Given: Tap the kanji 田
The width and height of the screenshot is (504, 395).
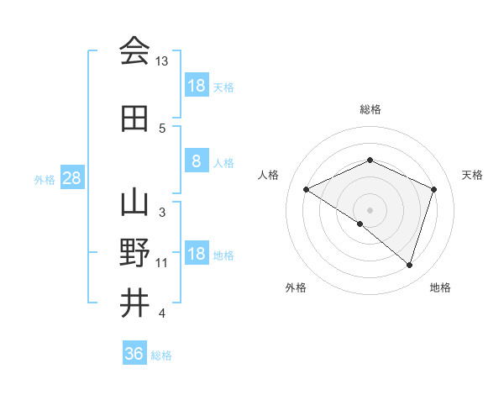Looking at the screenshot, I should (134, 119).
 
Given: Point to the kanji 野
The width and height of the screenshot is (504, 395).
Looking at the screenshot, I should (134, 254).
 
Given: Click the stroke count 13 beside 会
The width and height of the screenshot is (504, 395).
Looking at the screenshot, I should (162, 61).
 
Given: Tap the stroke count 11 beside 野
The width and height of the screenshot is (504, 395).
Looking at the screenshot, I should (162, 263).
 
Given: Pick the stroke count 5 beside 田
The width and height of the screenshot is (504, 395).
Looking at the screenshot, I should (162, 128).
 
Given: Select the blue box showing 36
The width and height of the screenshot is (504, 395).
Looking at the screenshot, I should (134, 354).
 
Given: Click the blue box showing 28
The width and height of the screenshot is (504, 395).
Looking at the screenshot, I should (71, 177).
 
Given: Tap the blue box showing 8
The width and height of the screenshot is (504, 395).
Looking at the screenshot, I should (196, 161).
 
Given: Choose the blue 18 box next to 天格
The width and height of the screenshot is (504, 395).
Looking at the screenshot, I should (196, 85).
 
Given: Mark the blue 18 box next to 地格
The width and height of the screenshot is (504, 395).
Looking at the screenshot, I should (196, 254).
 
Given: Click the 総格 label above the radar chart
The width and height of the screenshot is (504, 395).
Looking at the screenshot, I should (370, 109).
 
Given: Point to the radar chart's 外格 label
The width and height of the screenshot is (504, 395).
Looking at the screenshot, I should (296, 287).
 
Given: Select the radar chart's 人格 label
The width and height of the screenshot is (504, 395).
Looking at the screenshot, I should (268, 175).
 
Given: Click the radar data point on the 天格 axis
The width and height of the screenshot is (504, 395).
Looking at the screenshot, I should (433, 189).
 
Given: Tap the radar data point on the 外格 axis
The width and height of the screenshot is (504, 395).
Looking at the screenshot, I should (360, 224).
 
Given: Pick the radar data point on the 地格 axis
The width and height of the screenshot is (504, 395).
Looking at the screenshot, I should (409, 266).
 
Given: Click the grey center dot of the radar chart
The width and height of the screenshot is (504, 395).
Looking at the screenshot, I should (370, 209).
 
